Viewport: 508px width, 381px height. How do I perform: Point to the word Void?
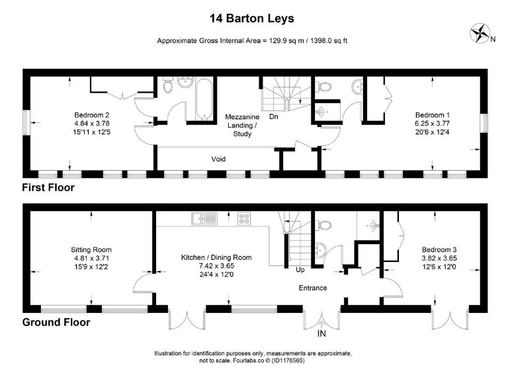(219, 159)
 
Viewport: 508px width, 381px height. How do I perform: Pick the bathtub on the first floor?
(198, 99)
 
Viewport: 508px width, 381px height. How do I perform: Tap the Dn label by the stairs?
(273, 118)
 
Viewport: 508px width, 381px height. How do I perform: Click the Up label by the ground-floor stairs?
(300, 269)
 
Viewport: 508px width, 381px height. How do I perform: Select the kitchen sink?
(200, 218)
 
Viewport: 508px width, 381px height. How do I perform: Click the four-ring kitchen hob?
(243, 218)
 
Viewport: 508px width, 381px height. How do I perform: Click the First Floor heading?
(48, 187)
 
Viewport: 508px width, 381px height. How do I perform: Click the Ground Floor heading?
(56, 322)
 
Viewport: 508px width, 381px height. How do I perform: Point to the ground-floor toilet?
(323, 224)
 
